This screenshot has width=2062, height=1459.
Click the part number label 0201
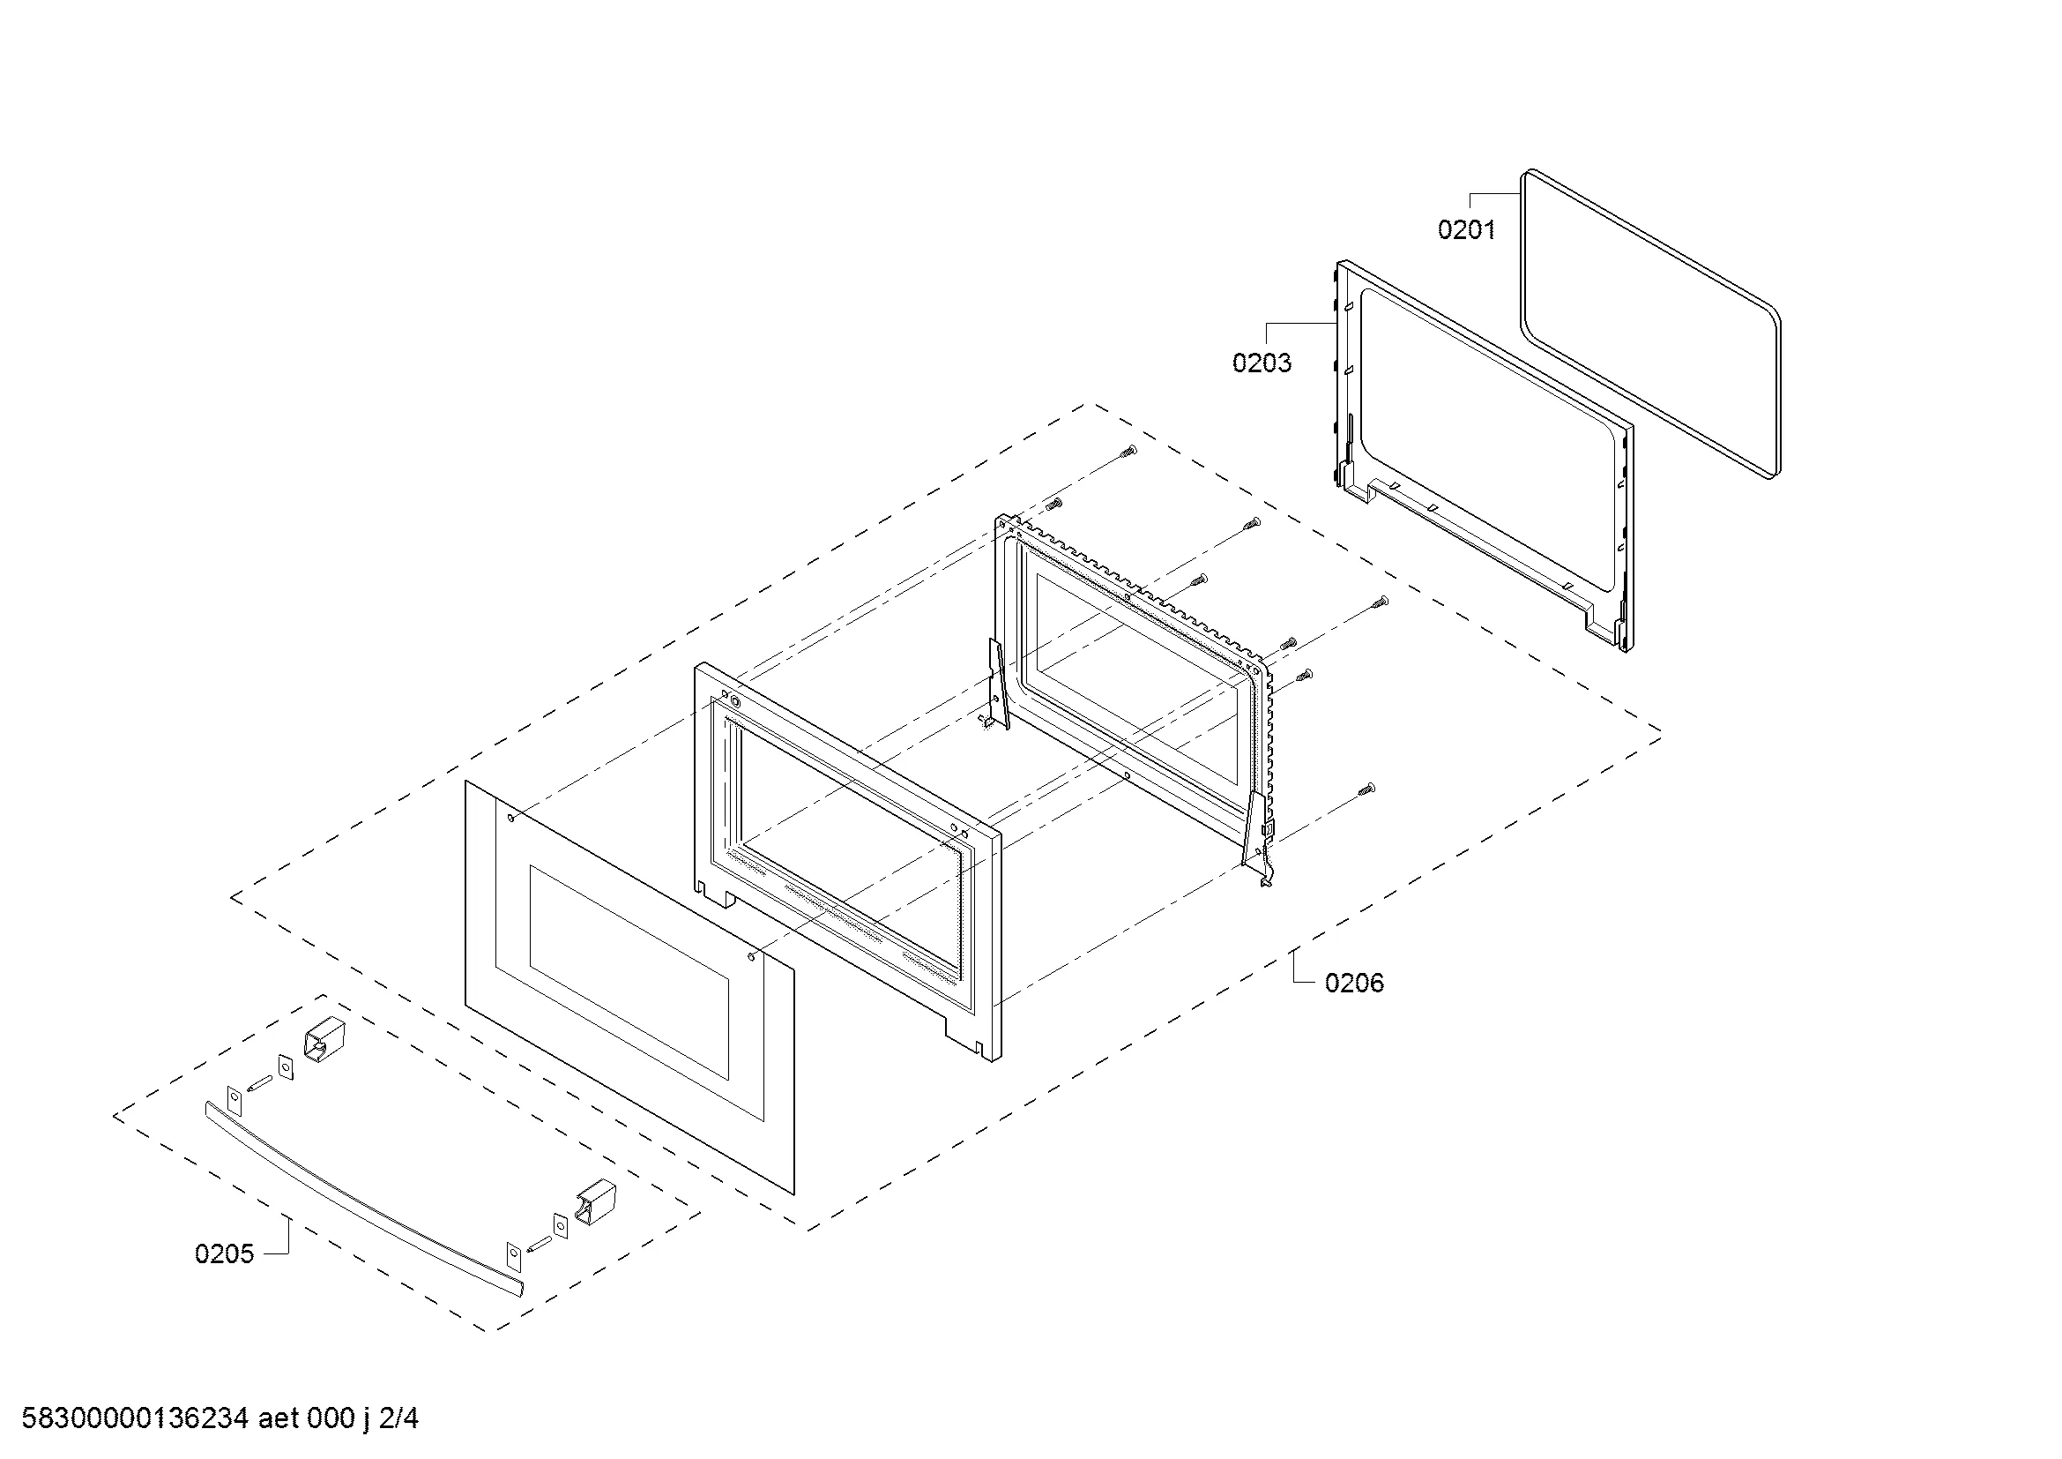coord(1467,230)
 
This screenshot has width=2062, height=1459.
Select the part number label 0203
coord(1262,363)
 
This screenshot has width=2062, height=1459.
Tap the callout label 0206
coord(1354,983)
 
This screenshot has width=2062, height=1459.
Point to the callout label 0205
coord(225,1254)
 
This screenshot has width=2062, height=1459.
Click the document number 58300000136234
coord(135,1418)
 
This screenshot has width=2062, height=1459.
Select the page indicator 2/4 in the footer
coord(398,1418)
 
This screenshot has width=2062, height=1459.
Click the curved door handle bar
coord(363,1200)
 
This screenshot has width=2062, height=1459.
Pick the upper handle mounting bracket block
coord(320,1038)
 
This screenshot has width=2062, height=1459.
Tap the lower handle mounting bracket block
coord(593,1203)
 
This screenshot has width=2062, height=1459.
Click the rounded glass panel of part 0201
coord(1649,324)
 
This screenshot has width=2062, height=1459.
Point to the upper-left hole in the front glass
coord(512,818)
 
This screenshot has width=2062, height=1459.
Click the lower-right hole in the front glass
coord(751,958)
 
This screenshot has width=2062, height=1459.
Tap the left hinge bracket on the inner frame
coord(996,685)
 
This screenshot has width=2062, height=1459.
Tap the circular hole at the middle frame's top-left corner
coord(736,701)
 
